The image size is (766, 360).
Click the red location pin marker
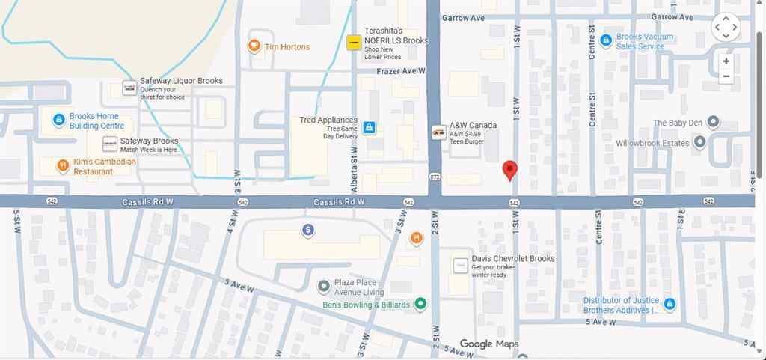[509, 170]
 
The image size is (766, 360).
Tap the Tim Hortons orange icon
[254, 46]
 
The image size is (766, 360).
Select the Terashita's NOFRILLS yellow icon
[354, 43]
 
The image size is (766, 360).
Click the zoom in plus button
[726, 61]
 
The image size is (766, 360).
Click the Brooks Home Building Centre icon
[58, 120]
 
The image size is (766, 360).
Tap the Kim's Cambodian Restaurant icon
[63, 165]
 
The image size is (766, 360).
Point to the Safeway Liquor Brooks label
[181, 81]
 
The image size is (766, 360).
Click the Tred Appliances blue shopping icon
[369, 128]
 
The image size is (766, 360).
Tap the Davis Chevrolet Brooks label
[512, 259]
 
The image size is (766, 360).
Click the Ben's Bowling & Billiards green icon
[420, 304]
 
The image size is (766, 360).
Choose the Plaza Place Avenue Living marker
[323, 286]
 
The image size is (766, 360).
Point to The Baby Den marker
[714, 122]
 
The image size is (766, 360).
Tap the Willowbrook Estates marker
[700, 141]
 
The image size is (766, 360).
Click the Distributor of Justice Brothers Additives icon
[670, 304]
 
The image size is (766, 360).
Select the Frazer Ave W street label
[401, 71]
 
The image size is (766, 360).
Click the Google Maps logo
[488, 344]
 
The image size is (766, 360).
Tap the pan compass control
[726, 28]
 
